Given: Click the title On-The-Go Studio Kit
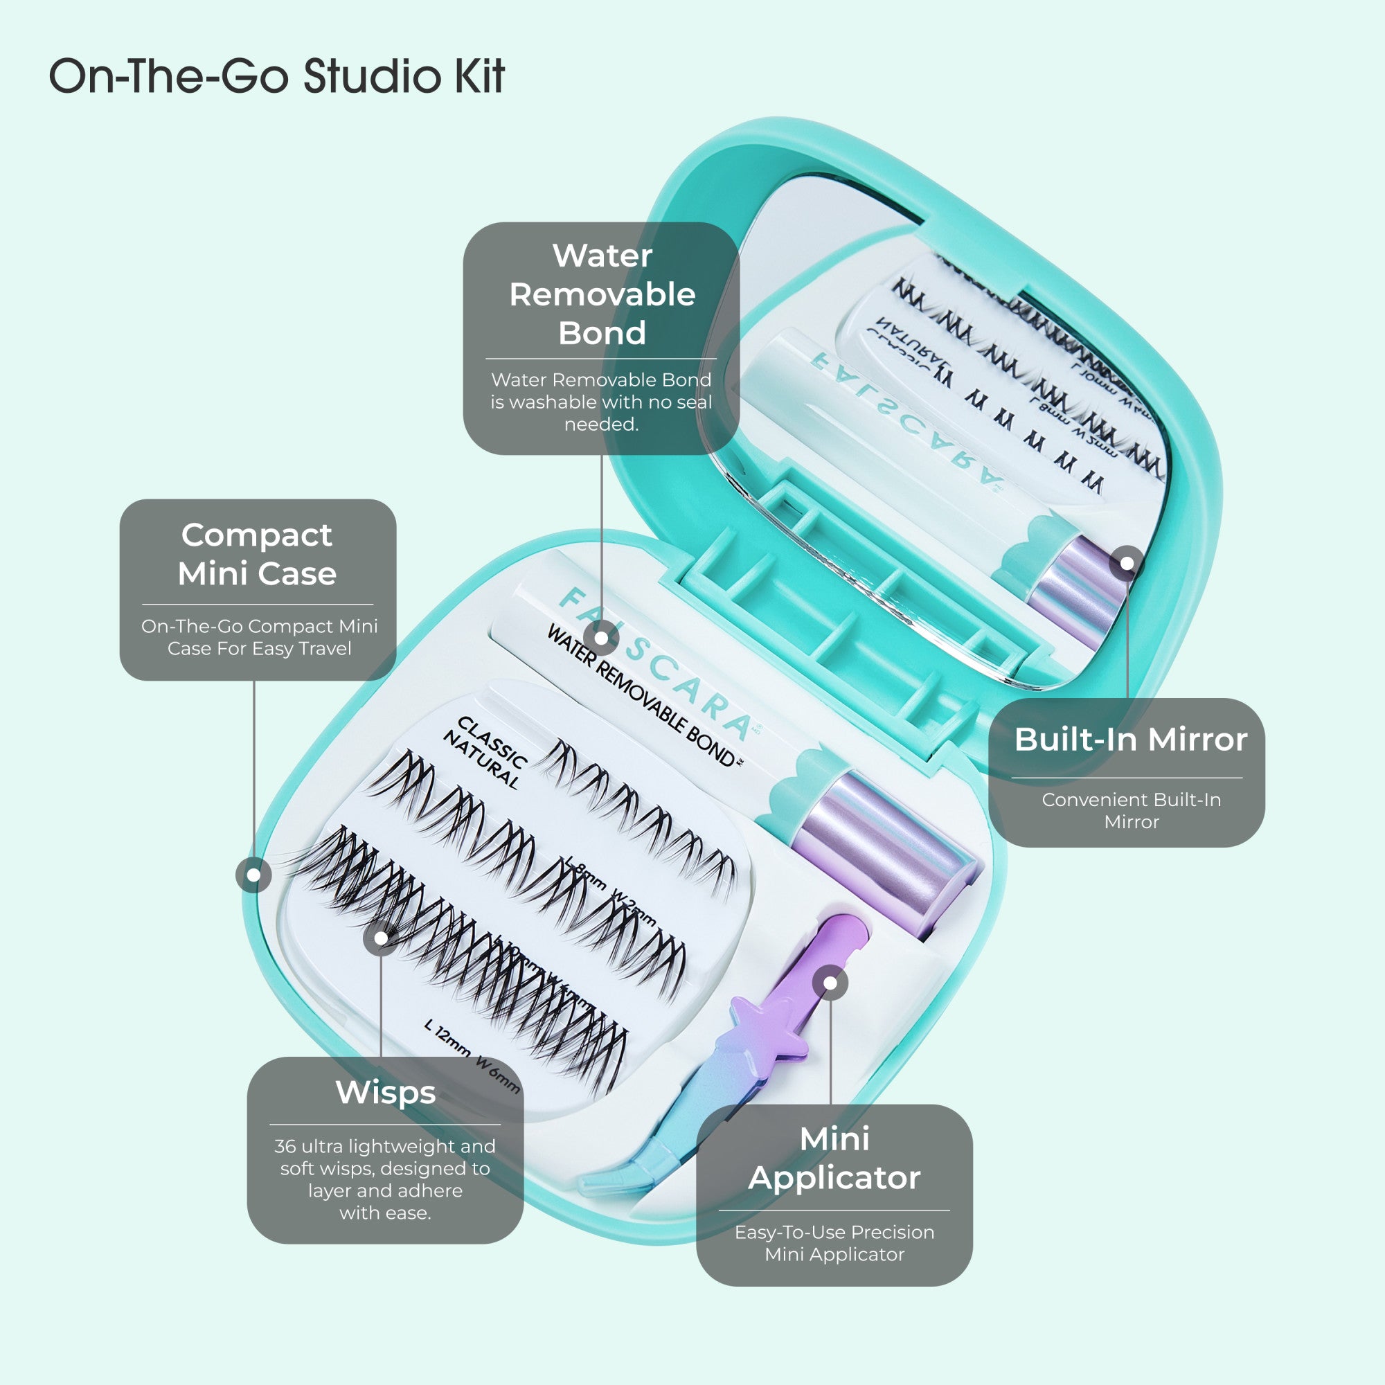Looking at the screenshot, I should click(277, 76).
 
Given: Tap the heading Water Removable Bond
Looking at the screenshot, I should click(602, 294).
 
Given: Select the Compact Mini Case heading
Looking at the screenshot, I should click(258, 554).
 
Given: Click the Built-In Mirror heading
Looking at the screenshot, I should click(1131, 739).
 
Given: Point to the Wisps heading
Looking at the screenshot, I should click(386, 1093).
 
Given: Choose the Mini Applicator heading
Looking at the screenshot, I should click(834, 1158).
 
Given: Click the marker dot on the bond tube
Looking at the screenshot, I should click(602, 637).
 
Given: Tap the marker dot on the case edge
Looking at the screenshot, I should click(253, 875).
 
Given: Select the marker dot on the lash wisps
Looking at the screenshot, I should click(382, 938).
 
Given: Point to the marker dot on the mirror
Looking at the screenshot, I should click(1127, 564).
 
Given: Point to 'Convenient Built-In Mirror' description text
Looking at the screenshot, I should click(1132, 810).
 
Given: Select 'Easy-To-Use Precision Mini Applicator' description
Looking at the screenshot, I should click(834, 1243).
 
